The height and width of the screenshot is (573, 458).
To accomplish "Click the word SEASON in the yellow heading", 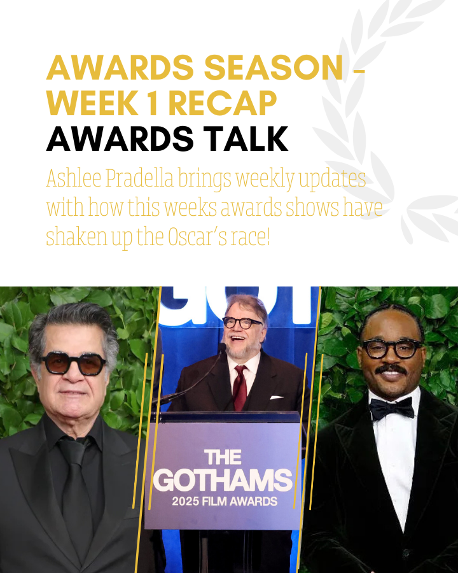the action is click(274, 67).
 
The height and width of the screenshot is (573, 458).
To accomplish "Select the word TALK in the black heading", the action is click(246, 139).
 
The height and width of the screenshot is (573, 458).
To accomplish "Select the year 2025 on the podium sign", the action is click(186, 501).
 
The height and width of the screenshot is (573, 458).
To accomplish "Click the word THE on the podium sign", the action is click(223, 457).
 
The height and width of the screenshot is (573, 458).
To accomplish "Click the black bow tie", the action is click(392, 408).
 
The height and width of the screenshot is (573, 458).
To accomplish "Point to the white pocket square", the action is click(276, 397).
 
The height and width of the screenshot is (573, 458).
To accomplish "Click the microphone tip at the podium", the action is click(222, 346).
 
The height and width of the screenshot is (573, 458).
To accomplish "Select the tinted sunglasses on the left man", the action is click(73, 364).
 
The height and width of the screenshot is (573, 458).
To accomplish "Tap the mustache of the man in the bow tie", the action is click(391, 369).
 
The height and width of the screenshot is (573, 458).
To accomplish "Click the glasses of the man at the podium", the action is click(242, 323).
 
